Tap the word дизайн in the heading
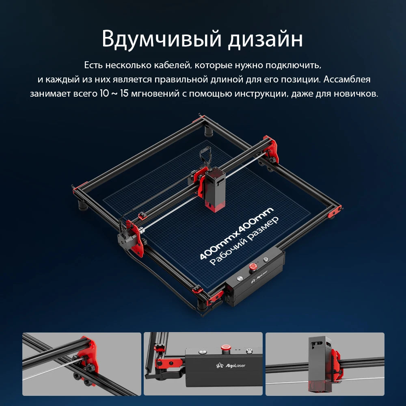264,39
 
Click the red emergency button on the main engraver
253,266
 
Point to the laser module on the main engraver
215,183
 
